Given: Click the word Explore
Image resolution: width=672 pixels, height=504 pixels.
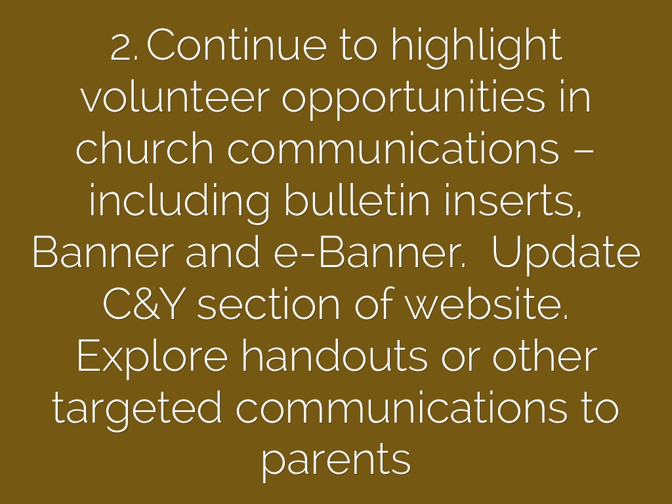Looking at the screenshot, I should coord(152,358).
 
